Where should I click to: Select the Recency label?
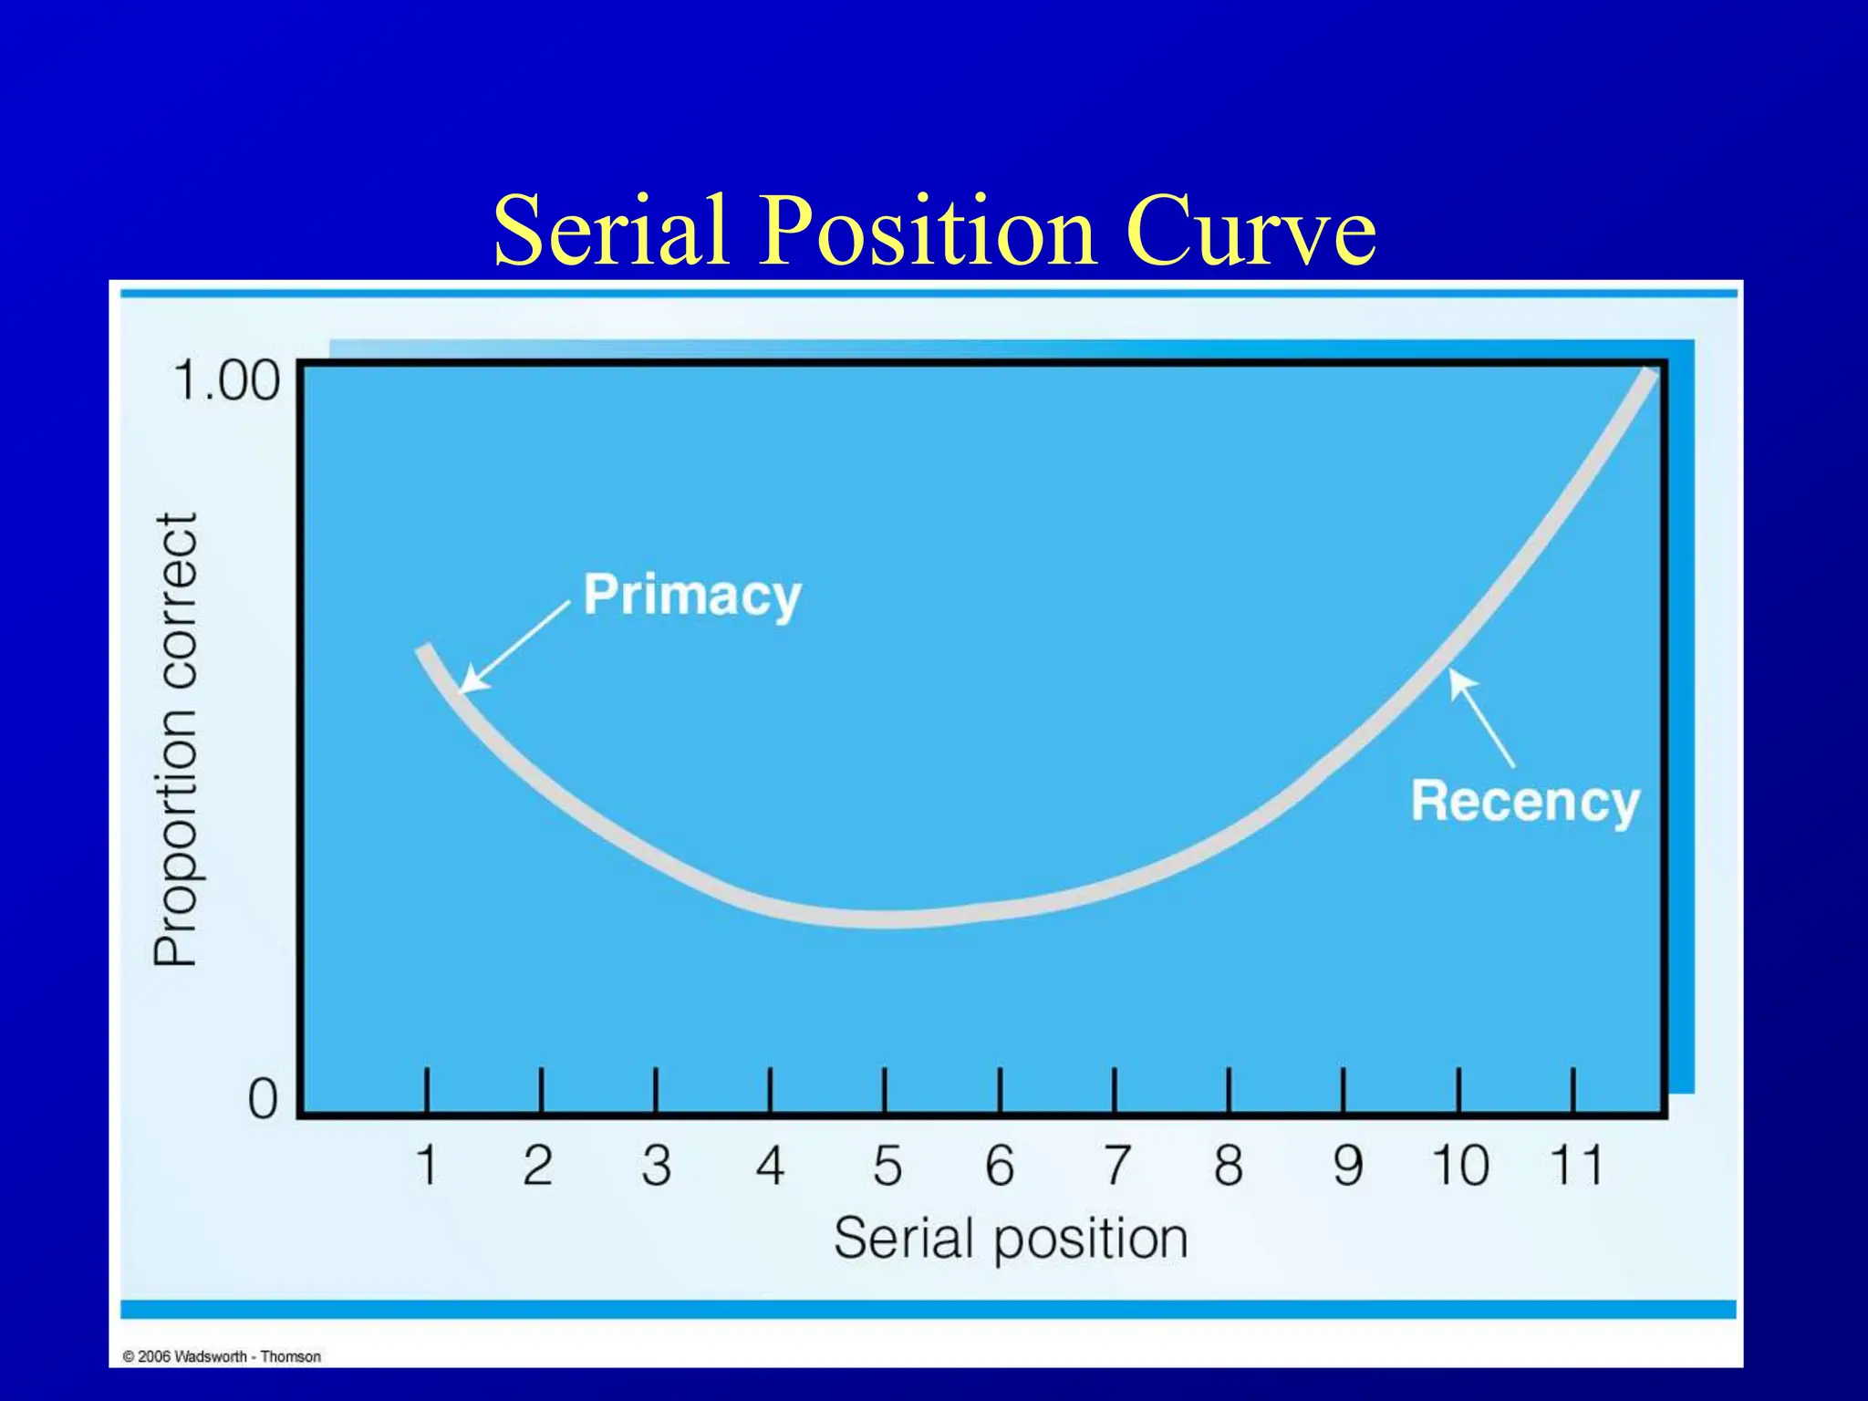click(1525, 802)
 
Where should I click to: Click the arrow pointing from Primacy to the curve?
click(514, 647)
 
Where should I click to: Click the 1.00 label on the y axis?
click(226, 380)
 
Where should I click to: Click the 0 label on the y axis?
click(262, 1099)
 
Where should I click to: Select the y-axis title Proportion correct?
click(175, 739)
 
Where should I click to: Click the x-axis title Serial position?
click(1011, 1240)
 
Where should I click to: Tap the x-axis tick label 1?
click(426, 1166)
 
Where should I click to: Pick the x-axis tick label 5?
click(887, 1166)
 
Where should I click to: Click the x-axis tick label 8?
click(1228, 1166)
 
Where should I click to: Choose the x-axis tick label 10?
click(1459, 1166)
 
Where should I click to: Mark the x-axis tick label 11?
click(1575, 1166)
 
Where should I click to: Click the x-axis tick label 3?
click(656, 1166)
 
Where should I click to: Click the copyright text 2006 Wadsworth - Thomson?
click(222, 1356)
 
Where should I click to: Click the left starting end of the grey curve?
click(423, 650)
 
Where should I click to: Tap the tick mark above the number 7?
click(1115, 1089)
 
